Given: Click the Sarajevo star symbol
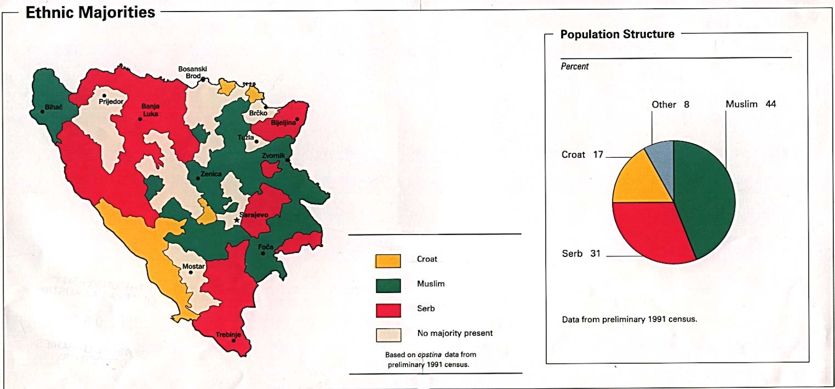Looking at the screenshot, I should point(236,220).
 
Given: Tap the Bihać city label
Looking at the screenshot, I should point(53,107).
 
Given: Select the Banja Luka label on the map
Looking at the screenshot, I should point(150,110).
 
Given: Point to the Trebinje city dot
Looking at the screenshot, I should point(234,341).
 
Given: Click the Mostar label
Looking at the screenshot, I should point(193,266).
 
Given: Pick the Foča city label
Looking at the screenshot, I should point(265,247).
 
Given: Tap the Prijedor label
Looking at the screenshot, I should point(111,101).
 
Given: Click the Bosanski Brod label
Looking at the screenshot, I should point(193,72).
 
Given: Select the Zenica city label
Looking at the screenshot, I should point(211,174).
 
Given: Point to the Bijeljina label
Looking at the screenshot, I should point(283,123).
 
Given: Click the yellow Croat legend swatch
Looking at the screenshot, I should point(388,261).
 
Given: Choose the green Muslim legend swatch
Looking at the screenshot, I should point(388,286).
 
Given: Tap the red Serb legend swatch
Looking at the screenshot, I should point(388,310).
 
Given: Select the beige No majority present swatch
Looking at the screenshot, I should point(388,335).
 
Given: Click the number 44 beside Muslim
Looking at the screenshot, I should point(770,104).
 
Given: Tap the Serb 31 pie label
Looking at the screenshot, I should point(581,253).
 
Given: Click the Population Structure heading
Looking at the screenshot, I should point(617,34).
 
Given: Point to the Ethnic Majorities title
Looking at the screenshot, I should point(90,13).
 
